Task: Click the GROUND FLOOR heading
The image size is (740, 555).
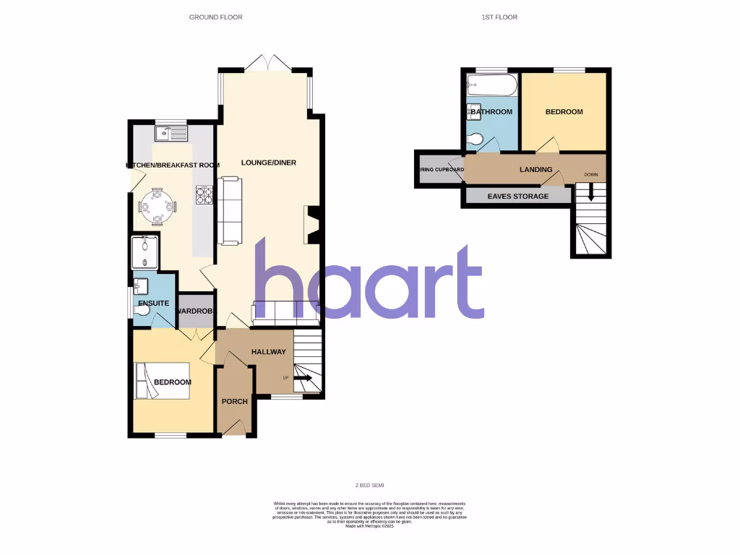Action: click(x=216, y=17)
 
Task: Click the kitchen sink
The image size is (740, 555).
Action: click(x=171, y=133)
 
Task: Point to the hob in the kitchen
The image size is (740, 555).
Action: click(x=205, y=195)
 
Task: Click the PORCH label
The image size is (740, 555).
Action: click(x=235, y=402)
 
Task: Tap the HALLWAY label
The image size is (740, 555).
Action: click(x=268, y=352)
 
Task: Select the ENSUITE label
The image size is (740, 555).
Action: click(x=153, y=304)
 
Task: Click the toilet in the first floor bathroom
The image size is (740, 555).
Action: click(x=475, y=139)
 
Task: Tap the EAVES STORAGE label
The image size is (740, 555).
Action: click(x=517, y=197)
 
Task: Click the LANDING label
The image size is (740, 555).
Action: click(x=536, y=170)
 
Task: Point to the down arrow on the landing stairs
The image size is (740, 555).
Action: click(x=590, y=193)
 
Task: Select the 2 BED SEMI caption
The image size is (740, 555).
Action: click(x=369, y=486)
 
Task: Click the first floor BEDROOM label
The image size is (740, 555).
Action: click(x=564, y=112)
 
